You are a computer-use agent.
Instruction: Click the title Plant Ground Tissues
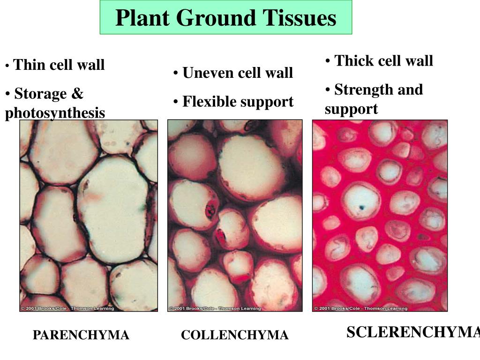click(x=225, y=18)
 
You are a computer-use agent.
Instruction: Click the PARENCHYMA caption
click(x=81, y=335)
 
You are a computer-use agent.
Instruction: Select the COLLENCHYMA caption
click(x=234, y=335)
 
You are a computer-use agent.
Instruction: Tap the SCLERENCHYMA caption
click(x=413, y=332)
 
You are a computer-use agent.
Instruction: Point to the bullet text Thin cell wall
click(x=59, y=65)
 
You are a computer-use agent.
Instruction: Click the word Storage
click(x=40, y=94)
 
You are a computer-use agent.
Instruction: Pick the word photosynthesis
click(x=55, y=113)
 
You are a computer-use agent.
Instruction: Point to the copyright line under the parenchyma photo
click(x=67, y=308)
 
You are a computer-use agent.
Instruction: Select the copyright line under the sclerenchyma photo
click(x=360, y=308)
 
